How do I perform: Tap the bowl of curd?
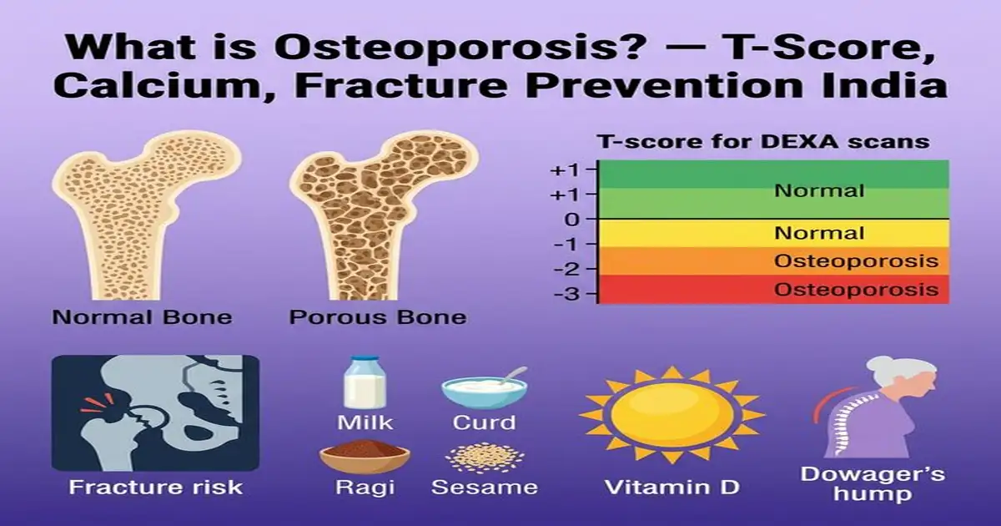point(484,391)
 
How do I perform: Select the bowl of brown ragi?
point(365,458)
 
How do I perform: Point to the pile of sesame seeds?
point(484,458)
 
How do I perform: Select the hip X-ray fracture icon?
point(155,412)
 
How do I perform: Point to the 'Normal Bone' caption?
point(142,317)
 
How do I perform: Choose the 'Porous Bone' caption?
point(378,317)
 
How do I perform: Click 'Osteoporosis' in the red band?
point(856,291)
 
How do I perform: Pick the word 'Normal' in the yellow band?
point(819,233)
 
